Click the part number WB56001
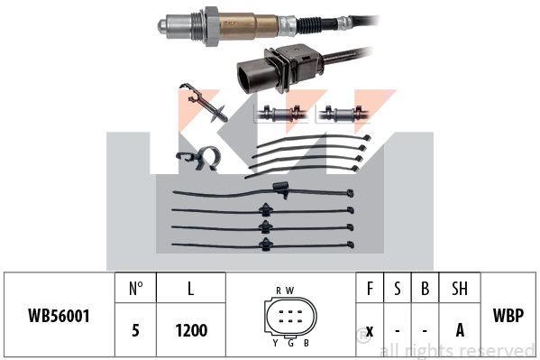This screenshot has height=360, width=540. coord(59,316)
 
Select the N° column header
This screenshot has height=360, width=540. coord(136,289)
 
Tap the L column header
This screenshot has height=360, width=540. coord(190,289)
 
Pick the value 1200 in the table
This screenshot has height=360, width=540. coord(191,330)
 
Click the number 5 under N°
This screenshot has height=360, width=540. coord(136,330)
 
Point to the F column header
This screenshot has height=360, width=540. coord(370,289)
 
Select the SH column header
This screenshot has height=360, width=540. coord(460,289)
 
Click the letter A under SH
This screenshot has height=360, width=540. coord(460,330)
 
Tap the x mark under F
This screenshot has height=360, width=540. coord(370,331)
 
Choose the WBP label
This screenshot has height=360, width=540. coord(508,315)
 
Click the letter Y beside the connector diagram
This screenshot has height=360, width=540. coord(275,343)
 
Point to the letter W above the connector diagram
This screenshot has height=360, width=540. coord(290,291)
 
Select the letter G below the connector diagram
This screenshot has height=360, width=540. coord(290,343)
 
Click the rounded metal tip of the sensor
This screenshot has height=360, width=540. coord(163,26)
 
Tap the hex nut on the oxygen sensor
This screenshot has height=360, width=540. coord(212,27)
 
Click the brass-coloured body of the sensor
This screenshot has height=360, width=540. coord(248,26)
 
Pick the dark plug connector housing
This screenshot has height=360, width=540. coord(279,69)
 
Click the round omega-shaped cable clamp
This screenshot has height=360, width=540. coord(209,158)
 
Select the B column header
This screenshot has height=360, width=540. coord(425,289)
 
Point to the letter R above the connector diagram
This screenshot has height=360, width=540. coord(279,291)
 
